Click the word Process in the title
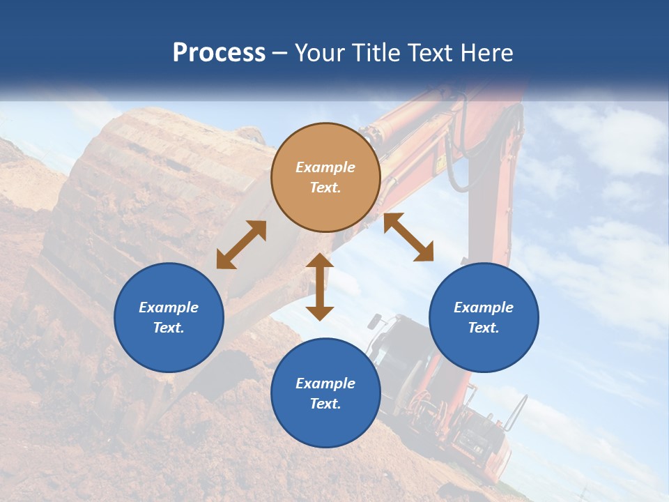[x=219, y=53]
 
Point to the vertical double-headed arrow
[x=320, y=287]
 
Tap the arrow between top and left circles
[x=241, y=245]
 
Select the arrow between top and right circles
[x=408, y=237]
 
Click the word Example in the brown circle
[x=325, y=167]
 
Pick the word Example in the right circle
[x=484, y=307]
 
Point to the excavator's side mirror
[x=375, y=321]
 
